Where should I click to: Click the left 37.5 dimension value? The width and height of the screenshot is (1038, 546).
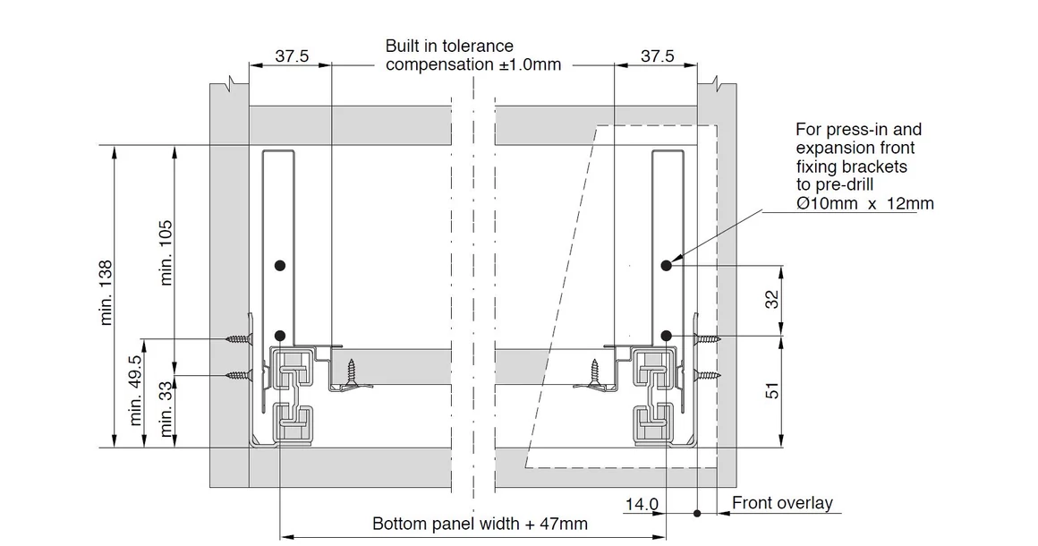pos(292,56)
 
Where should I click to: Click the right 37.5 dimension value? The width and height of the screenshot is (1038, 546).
pos(657,56)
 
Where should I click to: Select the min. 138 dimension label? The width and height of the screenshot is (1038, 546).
pos(106,293)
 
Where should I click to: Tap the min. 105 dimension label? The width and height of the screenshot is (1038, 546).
pos(166,252)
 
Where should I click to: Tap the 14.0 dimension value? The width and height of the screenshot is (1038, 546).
pos(642,505)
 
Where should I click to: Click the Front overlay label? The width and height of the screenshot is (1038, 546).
pos(782,503)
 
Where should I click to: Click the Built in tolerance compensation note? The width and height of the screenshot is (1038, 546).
pos(462,55)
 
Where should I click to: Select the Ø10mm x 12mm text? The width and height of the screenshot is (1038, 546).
pos(864,204)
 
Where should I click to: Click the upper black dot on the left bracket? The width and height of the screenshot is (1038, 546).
pos(280,265)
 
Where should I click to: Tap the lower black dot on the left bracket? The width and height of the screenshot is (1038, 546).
pos(280,337)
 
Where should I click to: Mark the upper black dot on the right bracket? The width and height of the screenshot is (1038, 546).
pos(667,265)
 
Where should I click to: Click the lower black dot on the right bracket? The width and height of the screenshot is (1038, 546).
pos(667,336)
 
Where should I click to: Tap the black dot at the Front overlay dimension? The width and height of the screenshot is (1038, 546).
pos(697,513)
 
